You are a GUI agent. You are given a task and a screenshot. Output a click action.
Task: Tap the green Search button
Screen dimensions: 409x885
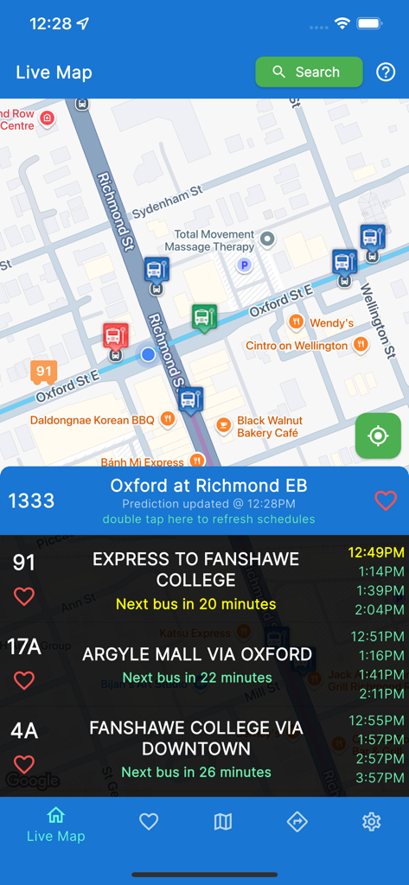309,73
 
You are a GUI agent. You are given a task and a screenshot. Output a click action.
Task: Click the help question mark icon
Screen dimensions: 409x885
386,73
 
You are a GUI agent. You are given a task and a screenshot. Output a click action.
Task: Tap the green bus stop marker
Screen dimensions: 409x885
204,317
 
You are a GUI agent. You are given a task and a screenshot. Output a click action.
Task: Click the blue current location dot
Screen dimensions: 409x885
148,354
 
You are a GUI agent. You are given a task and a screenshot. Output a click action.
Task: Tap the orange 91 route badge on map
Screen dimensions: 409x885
43,372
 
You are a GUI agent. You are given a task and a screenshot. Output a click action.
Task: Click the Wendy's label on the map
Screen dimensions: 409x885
331,323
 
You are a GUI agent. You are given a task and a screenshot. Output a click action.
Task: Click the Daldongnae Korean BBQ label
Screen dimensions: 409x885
92,420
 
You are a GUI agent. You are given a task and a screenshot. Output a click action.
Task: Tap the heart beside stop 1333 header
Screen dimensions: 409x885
386,500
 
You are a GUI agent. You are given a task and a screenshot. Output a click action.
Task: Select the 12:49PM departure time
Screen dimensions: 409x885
376,552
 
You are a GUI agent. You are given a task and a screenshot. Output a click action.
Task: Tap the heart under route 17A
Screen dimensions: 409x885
24,680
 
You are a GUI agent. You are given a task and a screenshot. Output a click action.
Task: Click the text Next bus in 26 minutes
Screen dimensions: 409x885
195,772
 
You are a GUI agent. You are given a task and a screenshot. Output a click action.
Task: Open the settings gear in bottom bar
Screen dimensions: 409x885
371,822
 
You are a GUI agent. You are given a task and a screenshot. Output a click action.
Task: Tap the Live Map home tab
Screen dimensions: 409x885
56,824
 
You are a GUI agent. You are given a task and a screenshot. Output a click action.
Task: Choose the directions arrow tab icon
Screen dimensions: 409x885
297,822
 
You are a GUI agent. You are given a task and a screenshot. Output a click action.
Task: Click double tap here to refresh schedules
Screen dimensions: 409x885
208,519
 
